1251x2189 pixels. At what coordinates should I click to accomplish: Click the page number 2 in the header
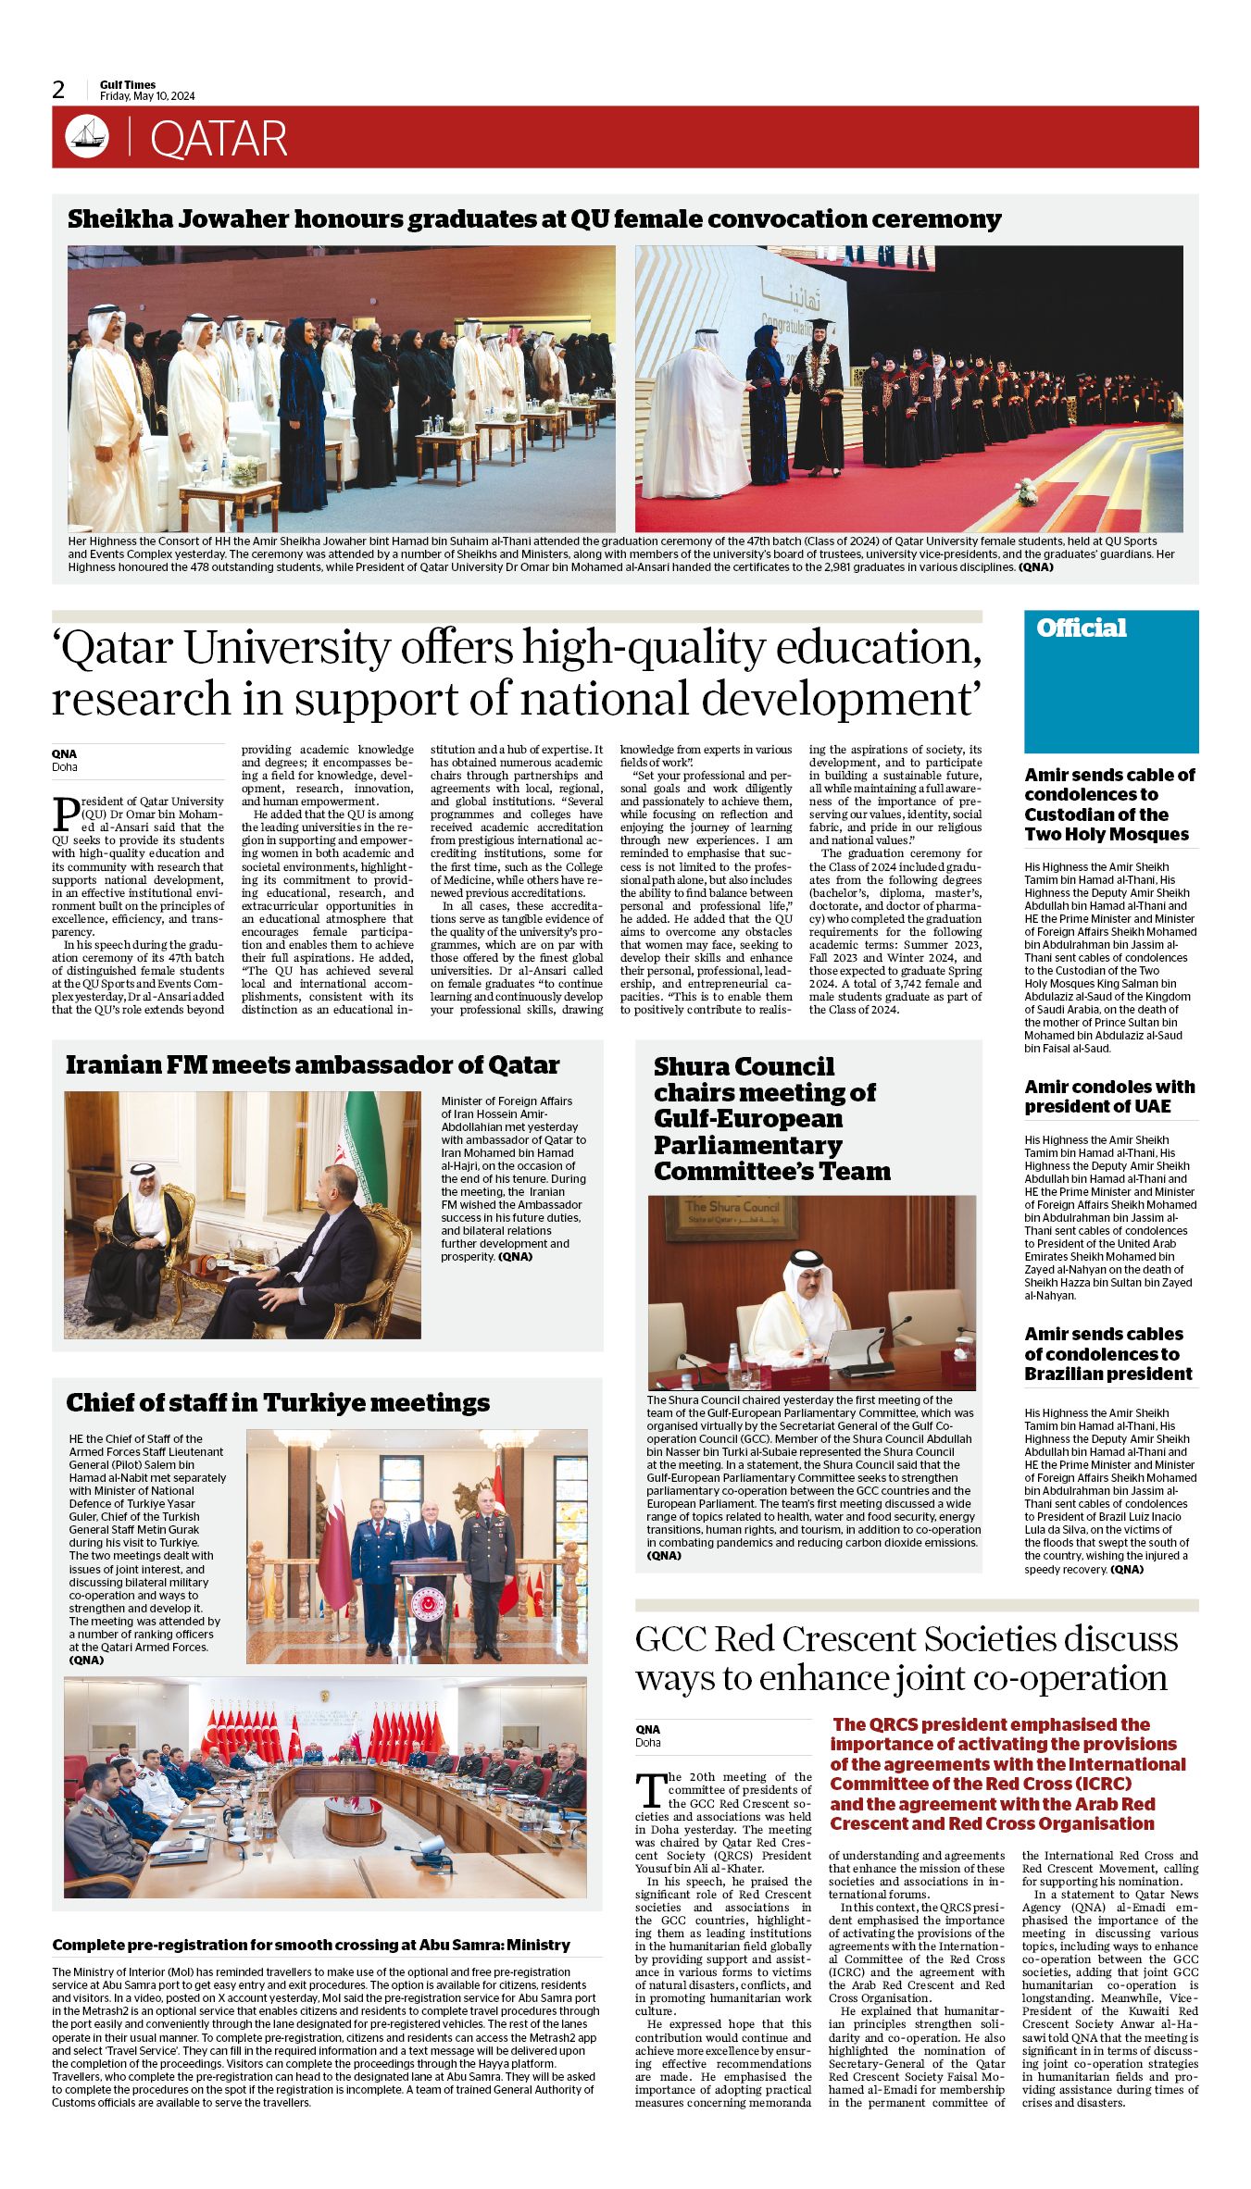[58, 90]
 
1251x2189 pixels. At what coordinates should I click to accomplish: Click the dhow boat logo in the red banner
[87, 137]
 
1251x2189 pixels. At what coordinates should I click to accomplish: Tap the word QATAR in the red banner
[219, 139]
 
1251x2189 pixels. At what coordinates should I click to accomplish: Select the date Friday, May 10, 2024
[147, 96]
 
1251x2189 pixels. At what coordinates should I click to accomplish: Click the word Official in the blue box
[1081, 628]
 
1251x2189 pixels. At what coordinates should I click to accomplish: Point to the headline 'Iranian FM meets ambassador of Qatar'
[312, 1065]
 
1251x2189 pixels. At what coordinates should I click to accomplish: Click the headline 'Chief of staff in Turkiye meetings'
[278, 1403]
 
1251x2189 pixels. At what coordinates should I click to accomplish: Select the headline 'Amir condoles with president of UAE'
[1109, 1096]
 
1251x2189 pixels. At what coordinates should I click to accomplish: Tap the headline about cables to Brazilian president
[1107, 1353]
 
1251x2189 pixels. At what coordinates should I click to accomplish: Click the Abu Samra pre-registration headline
[311, 1945]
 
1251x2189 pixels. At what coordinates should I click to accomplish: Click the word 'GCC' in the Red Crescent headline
[670, 1640]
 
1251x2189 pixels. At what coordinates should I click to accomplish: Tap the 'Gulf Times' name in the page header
[128, 84]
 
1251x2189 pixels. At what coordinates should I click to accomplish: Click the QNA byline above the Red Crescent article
[647, 1729]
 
